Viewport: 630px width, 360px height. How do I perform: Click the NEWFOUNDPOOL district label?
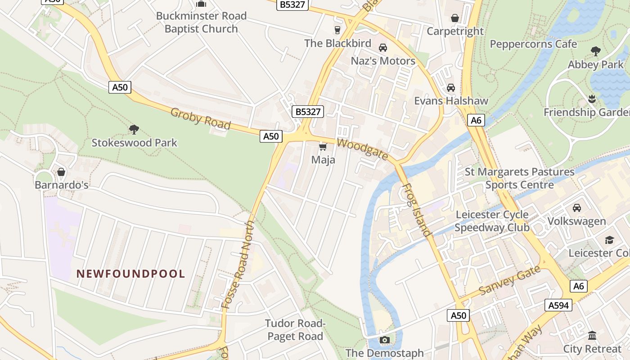click(x=130, y=274)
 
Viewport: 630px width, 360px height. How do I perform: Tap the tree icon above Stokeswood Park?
click(x=134, y=130)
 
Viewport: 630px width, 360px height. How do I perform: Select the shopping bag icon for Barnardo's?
click(x=61, y=172)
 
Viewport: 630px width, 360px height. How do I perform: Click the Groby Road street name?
click(x=200, y=119)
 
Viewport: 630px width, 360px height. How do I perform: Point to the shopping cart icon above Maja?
click(x=323, y=147)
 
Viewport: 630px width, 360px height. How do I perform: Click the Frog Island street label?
click(x=415, y=210)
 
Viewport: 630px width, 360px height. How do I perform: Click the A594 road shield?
click(x=558, y=305)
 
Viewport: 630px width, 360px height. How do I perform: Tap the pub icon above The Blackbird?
click(x=337, y=30)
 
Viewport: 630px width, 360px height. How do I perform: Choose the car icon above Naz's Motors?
click(x=382, y=47)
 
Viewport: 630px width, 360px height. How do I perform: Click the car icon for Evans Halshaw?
click(x=450, y=87)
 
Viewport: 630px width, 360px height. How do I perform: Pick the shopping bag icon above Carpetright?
click(x=455, y=18)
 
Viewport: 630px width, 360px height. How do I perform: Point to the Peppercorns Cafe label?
click(x=533, y=44)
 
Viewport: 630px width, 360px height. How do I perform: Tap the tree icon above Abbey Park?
click(x=596, y=51)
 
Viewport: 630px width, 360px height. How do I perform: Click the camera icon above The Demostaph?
click(x=384, y=340)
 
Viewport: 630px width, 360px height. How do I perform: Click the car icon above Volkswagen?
click(x=576, y=208)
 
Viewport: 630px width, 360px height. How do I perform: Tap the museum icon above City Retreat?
click(x=592, y=336)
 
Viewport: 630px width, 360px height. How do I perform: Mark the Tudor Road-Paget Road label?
click(x=295, y=330)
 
